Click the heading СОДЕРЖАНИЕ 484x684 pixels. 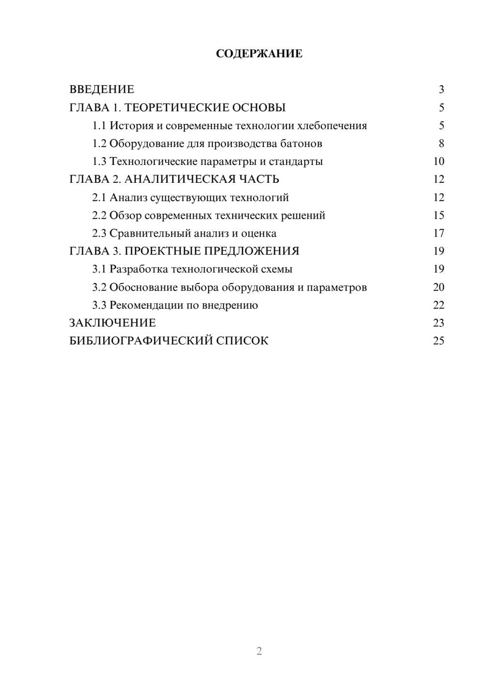tap(259, 54)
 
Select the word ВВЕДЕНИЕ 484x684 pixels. tap(102, 89)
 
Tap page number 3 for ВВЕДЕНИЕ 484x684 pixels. tap(441, 89)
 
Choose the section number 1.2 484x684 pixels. tap(99, 144)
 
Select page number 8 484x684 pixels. tap(441, 144)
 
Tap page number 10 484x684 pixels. tap(439, 162)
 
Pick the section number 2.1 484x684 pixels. tap(99, 197)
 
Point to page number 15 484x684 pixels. tap(439, 215)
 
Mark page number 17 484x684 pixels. tap(439, 233)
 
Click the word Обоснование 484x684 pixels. tap(143, 287)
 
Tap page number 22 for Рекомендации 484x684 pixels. tap(439, 305)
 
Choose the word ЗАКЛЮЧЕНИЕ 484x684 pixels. tap(112, 323)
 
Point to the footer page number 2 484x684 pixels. tap(259, 651)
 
